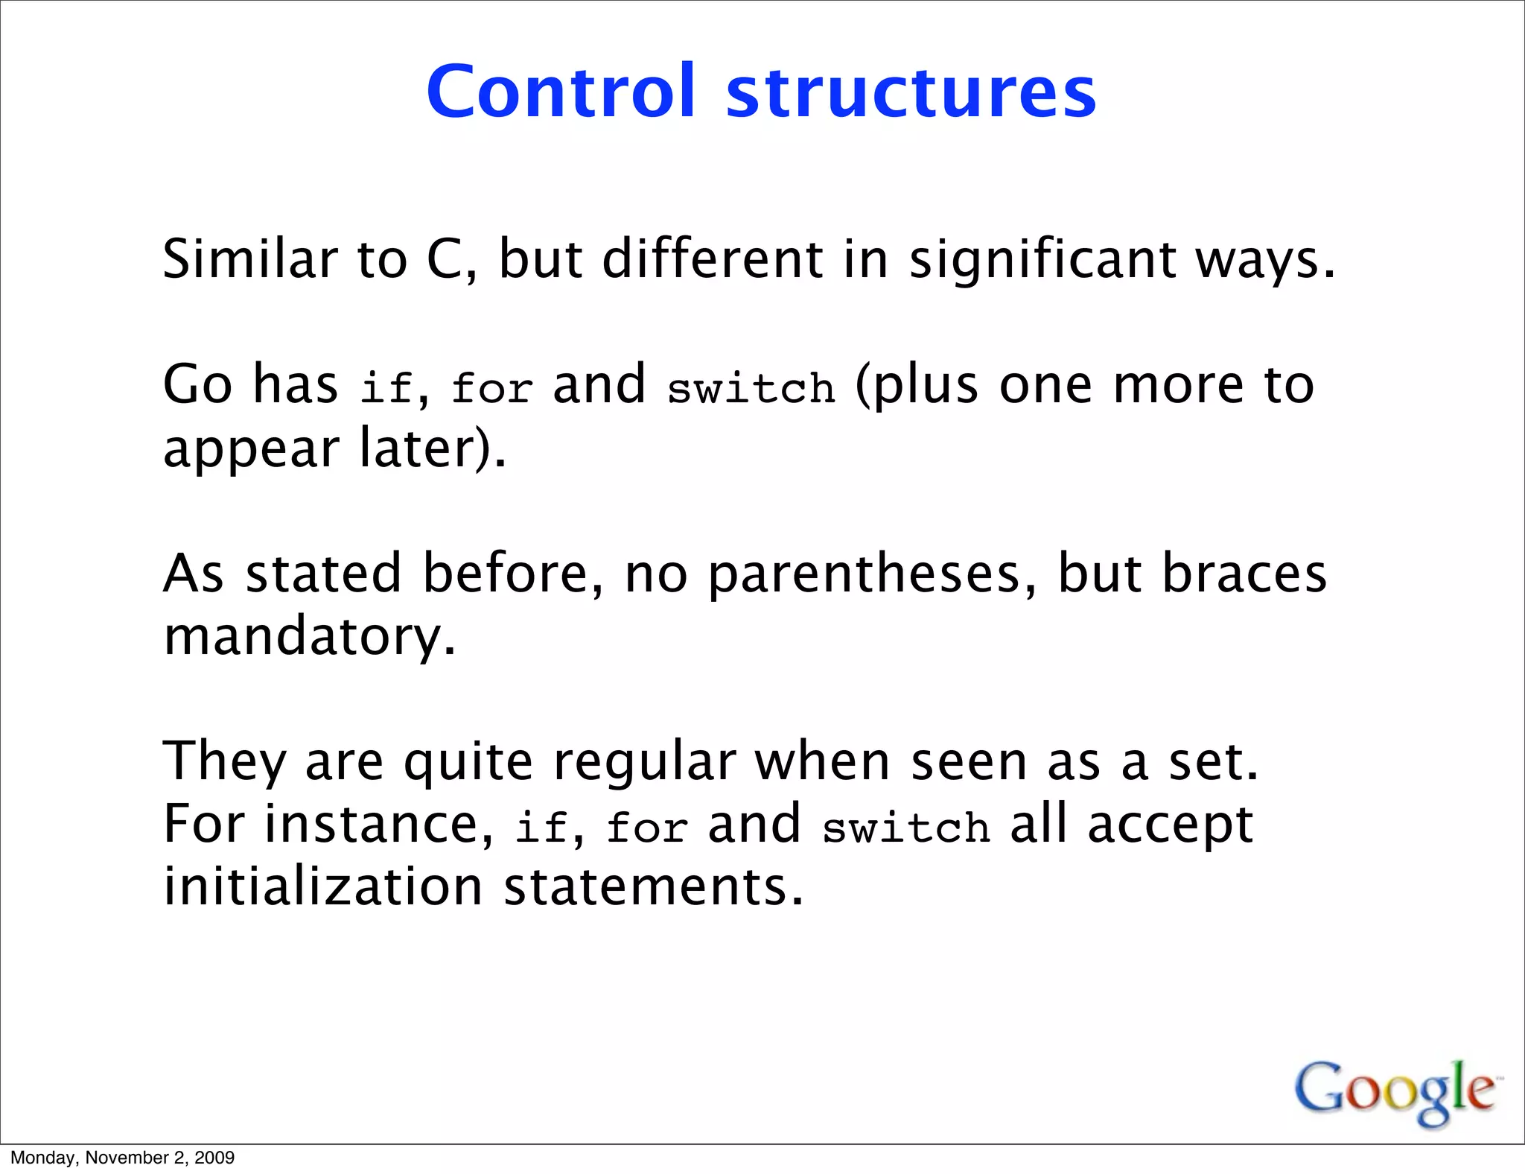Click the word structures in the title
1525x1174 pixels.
911,92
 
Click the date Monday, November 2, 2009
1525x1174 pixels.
122,1158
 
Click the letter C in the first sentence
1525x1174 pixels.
445,260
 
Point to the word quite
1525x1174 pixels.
468,763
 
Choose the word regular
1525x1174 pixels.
644,763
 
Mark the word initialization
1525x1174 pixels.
323,886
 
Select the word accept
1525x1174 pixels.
1170,825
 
